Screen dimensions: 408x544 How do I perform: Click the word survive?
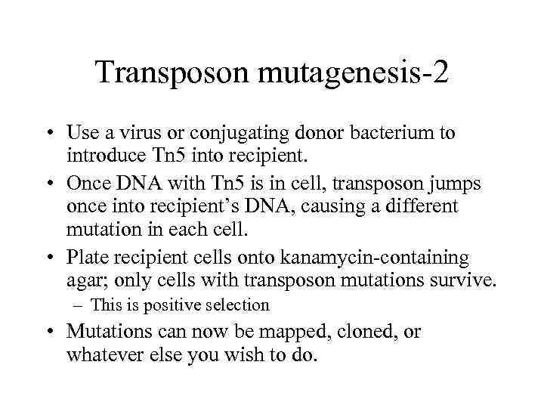point(467,281)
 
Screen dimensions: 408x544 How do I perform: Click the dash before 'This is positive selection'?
point(78,305)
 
